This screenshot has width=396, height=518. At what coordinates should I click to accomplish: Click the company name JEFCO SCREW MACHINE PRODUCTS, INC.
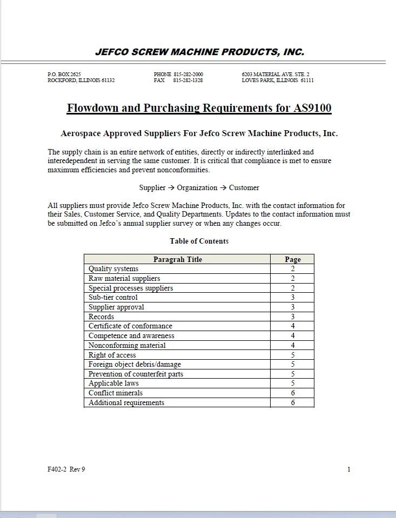(199, 52)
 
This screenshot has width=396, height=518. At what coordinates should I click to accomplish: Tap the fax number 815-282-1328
(188, 80)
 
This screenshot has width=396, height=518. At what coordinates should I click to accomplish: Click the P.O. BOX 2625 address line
(64, 74)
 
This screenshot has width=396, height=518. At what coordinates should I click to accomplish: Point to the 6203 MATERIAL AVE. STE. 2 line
(276, 74)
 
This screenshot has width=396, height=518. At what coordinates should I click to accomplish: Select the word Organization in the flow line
(197, 188)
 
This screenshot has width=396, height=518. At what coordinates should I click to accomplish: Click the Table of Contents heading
(199, 241)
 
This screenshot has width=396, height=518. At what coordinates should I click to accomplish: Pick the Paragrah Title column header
(177, 259)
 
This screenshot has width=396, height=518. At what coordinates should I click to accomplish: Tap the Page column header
(292, 259)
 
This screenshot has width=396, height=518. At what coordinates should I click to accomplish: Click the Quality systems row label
(113, 269)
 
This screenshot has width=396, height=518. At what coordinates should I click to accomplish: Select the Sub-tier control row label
(113, 298)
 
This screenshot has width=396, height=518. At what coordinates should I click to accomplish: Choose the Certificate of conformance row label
(130, 326)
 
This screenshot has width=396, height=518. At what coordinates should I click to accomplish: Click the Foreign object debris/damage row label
(135, 365)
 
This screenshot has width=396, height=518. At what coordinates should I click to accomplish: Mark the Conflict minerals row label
(116, 393)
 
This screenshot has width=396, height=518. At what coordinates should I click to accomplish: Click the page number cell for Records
(292, 317)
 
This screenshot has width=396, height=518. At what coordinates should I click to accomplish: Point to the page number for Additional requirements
(292, 403)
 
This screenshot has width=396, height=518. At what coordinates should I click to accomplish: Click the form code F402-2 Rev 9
(66, 469)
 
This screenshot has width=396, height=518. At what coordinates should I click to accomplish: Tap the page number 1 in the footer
(348, 469)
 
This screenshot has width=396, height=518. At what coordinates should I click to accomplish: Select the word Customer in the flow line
(244, 188)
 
